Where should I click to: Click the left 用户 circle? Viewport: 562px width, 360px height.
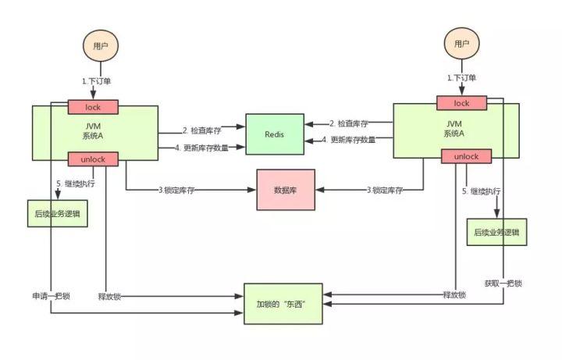(x=99, y=46)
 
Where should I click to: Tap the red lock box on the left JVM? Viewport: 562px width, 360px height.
(x=93, y=107)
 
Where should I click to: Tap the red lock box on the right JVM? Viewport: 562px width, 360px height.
(x=461, y=103)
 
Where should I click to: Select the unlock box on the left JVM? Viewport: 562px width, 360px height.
(x=93, y=159)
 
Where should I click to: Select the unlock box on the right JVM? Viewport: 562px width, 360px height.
(x=465, y=156)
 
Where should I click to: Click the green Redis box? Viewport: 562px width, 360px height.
(x=274, y=134)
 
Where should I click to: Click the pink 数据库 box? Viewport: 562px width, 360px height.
(x=286, y=190)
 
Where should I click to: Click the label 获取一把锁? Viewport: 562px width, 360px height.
(x=503, y=283)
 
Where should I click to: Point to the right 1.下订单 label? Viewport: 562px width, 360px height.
(x=461, y=78)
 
